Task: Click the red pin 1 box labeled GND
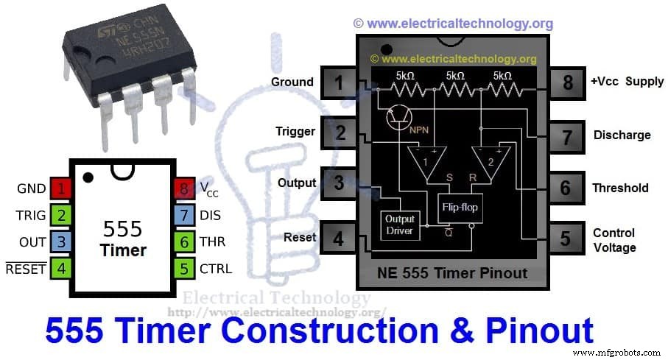point(61,188)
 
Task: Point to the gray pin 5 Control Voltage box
point(565,239)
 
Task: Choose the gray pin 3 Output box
point(339,183)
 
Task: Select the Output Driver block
point(400,225)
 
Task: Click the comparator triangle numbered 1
point(424,161)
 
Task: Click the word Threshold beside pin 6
point(620,188)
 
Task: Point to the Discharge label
point(622,135)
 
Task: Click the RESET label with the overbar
point(26,269)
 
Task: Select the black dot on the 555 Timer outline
point(88,177)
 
